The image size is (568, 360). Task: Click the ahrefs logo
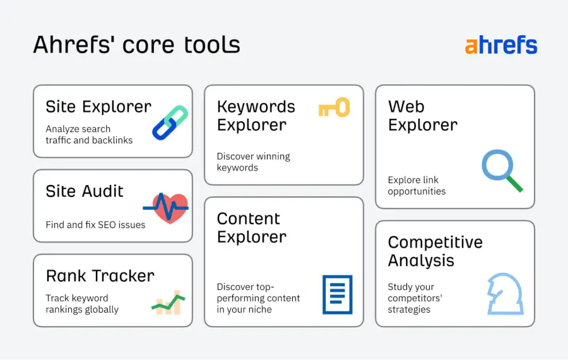tap(501, 45)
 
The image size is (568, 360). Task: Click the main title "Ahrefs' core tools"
tap(136, 45)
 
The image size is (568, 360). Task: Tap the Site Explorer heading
tap(98, 107)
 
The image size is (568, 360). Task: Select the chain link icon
tap(170, 123)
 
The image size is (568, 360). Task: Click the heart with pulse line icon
tap(167, 207)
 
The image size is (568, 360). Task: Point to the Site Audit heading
tap(85, 191)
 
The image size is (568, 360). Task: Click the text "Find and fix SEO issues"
tap(95, 225)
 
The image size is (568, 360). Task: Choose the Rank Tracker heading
tap(100, 276)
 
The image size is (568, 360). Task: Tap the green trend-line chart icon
tap(168, 304)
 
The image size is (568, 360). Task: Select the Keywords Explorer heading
tap(256, 116)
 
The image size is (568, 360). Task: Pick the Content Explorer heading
tap(251, 227)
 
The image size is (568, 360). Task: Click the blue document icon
tap(337, 294)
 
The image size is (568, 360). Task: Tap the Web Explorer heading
tap(422, 116)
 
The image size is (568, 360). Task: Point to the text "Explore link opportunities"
tap(417, 186)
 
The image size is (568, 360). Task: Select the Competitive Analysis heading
tap(435, 251)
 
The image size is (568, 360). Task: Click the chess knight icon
tap(505, 294)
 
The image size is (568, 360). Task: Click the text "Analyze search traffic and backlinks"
tap(89, 135)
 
